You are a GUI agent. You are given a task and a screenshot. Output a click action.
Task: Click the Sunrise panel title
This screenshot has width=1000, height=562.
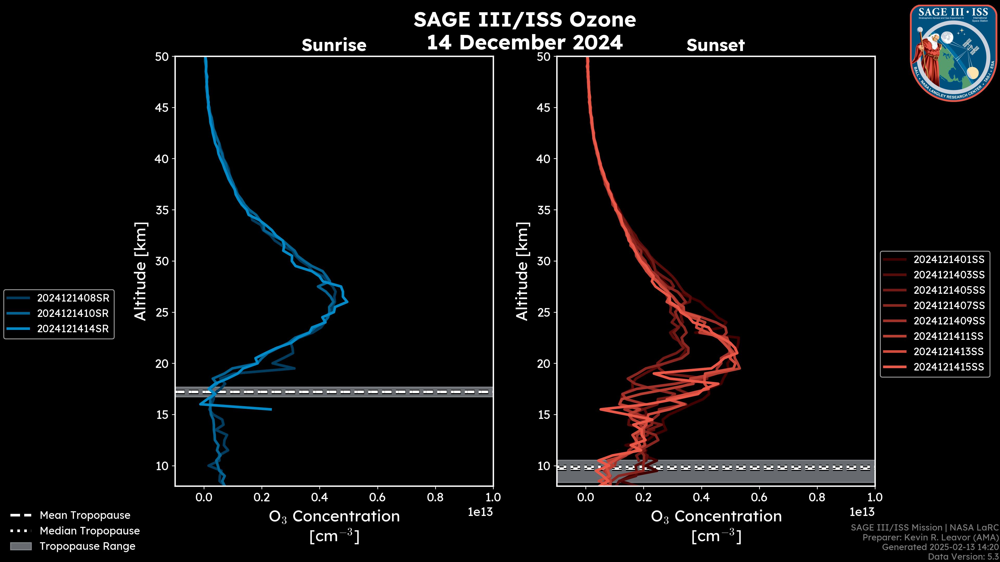[334, 45]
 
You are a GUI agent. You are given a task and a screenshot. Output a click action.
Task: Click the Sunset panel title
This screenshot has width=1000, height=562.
[715, 45]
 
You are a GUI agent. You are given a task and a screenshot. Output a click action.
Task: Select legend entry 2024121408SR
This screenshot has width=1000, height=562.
[73, 298]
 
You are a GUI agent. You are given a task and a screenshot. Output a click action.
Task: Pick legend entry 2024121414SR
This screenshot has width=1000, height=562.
[73, 329]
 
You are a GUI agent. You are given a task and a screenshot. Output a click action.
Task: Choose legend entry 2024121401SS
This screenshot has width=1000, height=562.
[949, 259]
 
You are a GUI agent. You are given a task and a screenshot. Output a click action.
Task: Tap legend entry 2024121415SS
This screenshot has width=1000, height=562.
[949, 367]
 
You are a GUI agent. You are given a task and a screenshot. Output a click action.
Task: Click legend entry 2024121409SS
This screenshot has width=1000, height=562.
[949, 321]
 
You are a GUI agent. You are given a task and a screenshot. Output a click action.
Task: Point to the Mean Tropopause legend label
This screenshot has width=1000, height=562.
[85, 515]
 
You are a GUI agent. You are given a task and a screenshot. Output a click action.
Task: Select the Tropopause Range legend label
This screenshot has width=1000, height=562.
[87, 546]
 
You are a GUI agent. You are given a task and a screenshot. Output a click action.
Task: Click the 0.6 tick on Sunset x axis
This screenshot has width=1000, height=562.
[759, 497]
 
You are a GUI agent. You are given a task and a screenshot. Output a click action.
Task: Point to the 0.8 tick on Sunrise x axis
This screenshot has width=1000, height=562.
[435, 497]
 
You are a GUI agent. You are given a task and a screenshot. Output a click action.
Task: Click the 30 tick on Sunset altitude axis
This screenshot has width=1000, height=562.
[544, 261]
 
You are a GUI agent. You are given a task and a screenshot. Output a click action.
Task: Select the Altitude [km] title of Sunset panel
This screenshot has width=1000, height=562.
[522, 271]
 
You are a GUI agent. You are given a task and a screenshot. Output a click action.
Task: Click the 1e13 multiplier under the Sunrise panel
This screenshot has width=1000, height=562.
[480, 512]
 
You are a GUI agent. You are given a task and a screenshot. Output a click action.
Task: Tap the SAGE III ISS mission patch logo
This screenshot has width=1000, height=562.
[952, 53]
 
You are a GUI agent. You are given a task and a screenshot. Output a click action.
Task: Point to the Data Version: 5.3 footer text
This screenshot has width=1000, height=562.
[963, 557]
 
